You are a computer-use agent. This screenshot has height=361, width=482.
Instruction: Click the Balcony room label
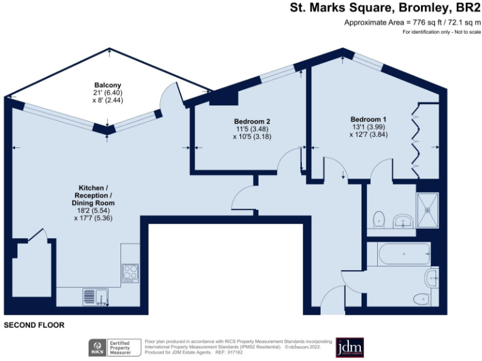[x=107, y=85]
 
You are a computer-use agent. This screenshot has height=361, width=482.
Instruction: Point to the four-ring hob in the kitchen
[x=131, y=273]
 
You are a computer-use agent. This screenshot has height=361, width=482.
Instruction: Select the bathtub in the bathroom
[x=402, y=254]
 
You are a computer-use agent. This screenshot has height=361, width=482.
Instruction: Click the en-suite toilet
[x=378, y=219]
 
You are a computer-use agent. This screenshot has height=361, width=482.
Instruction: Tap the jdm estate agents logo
[x=350, y=347]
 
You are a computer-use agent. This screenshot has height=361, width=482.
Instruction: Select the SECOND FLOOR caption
[x=35, y=325]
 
